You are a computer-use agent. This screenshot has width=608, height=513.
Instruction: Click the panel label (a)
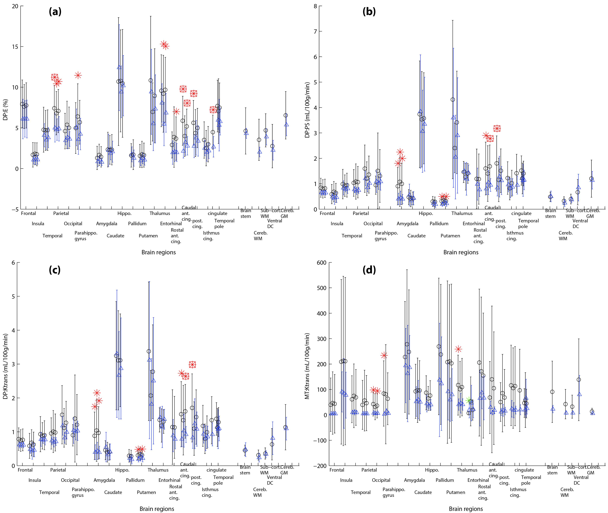(x=55, y=12)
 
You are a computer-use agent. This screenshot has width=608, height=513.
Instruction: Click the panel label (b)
(x=369, y=12)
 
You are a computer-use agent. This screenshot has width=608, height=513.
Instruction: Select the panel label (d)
(x=369, y=270)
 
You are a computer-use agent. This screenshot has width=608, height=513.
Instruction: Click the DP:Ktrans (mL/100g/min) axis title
(x=5, y=366)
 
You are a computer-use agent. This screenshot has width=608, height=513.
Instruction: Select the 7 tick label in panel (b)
(x=315, y=31)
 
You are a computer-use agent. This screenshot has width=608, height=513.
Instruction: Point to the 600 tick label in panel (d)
(x=321, y=263)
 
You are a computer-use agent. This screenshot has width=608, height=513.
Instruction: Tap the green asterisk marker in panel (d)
(x=468, y=400)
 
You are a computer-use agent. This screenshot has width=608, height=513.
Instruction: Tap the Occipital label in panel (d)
(x=381, y=480)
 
